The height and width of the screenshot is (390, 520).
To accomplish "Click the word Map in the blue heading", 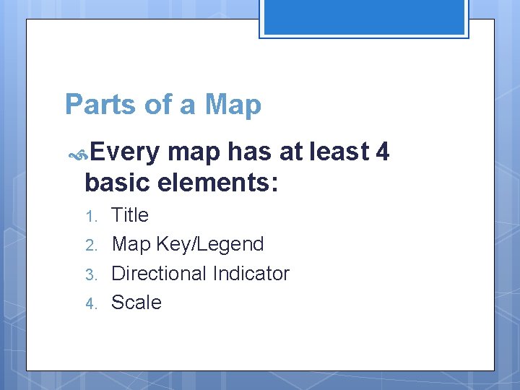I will [x=233, y=105].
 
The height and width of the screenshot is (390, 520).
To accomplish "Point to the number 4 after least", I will [x=383, y=152].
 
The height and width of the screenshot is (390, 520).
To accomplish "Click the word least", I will [x=339, y=152].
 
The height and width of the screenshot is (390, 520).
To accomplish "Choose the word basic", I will [x=118, y=183].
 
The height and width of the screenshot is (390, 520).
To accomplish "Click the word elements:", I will [x=217, y=183].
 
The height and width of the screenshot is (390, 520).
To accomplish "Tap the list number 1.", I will [x=90, y=216].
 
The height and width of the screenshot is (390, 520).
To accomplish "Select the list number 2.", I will [x=90, y=245].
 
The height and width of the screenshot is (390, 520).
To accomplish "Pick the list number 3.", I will [x=90, y=274].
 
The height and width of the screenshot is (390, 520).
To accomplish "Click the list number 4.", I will [x=90, y=303].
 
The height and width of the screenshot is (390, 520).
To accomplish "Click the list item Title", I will [x=130, y=215].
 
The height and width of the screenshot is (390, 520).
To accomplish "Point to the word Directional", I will [x=159, y=274].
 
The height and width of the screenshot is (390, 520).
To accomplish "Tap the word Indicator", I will [x=251, y=274].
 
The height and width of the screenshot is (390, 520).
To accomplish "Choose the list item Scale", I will [x=136, y=303].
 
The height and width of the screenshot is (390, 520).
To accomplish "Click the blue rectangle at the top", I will [x=364, y=17].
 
